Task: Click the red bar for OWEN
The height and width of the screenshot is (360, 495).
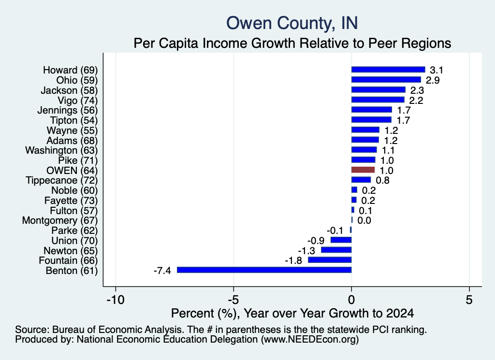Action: pyautogui.click(x=363, y=170)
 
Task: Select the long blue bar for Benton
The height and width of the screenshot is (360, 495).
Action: pyautogui.click(x=264, y=270)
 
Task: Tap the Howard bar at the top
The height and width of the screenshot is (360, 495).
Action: pyautogui.click(x=388, y=70)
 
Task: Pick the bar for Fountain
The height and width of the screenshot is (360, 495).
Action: pyautogui.click(x=330, y=260)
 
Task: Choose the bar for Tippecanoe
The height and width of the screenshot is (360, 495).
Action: pyautogui.click(x=361, y=180)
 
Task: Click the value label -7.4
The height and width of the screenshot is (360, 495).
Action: pyautogui.click(x=162, y=271)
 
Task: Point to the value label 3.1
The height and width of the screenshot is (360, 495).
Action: pyautogui.click(x=437, y=70)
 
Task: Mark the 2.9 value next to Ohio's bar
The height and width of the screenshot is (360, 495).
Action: pyautogui.click(x=433, y=80)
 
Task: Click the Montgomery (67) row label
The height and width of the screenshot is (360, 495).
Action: pyautogui.click(x=60, y=220)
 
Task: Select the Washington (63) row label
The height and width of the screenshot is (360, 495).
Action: pyautogui.click(x=61, y=150)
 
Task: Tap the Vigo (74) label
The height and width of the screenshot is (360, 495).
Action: pyautogui.click(x=78, y=101)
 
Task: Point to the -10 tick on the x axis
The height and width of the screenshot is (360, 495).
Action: pyautogui.click(x=116, y=300)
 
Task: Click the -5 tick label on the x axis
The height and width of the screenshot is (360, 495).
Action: pyautogui.click(x=233, y=300)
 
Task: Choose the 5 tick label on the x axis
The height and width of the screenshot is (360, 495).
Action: pyautogui.click(x=469, y=300)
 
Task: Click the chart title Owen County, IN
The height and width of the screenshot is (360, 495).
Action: pyautogui.click(x=292, y=23)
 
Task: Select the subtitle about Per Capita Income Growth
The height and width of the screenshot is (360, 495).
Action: pyautogui.click(x=292, y=43)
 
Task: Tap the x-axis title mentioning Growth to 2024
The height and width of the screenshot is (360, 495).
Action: pyautogui.click(x=292, y=313)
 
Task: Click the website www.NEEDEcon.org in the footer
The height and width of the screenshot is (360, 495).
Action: pyautogui.click(x=310, y=340)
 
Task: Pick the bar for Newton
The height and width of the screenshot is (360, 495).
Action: pyautogui.click(x=336, y=250)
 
